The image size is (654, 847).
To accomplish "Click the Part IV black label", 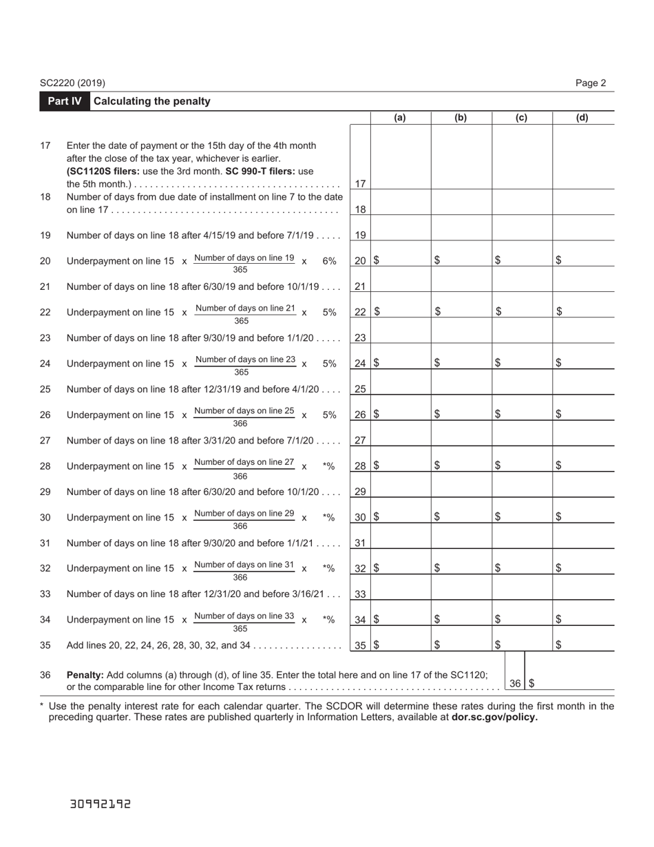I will click(65, 101).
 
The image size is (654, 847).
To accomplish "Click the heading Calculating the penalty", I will click(151, 101).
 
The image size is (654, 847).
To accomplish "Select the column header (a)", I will click(400, 118).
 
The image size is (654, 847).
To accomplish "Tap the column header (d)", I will click(582, 118).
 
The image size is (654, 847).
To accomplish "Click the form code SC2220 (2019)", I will click(72, 83).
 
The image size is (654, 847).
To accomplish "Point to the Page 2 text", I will click(591, 83).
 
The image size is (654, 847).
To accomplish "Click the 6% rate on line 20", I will click(329, 261).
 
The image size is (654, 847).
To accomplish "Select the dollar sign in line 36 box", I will click(532, 684).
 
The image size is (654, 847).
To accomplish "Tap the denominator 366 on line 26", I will click(240, 424).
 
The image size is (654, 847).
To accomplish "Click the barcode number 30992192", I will click(101, 804).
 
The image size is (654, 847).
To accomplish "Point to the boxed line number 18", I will click(360, 209).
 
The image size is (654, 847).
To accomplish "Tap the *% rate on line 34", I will click(328, 620).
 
